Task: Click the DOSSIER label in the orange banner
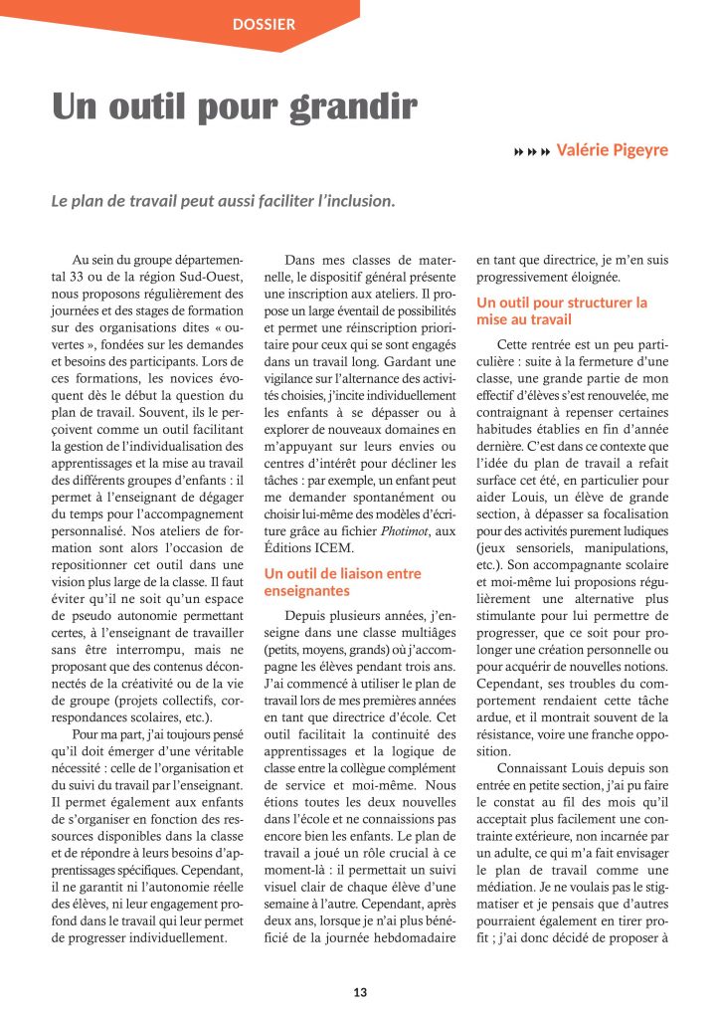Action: click(264, 23)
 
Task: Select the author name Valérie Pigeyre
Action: click(612, 150)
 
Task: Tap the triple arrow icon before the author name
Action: click(531, 151)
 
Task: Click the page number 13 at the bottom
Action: click(360, 992)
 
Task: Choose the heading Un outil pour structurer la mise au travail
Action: click(561, 310)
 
